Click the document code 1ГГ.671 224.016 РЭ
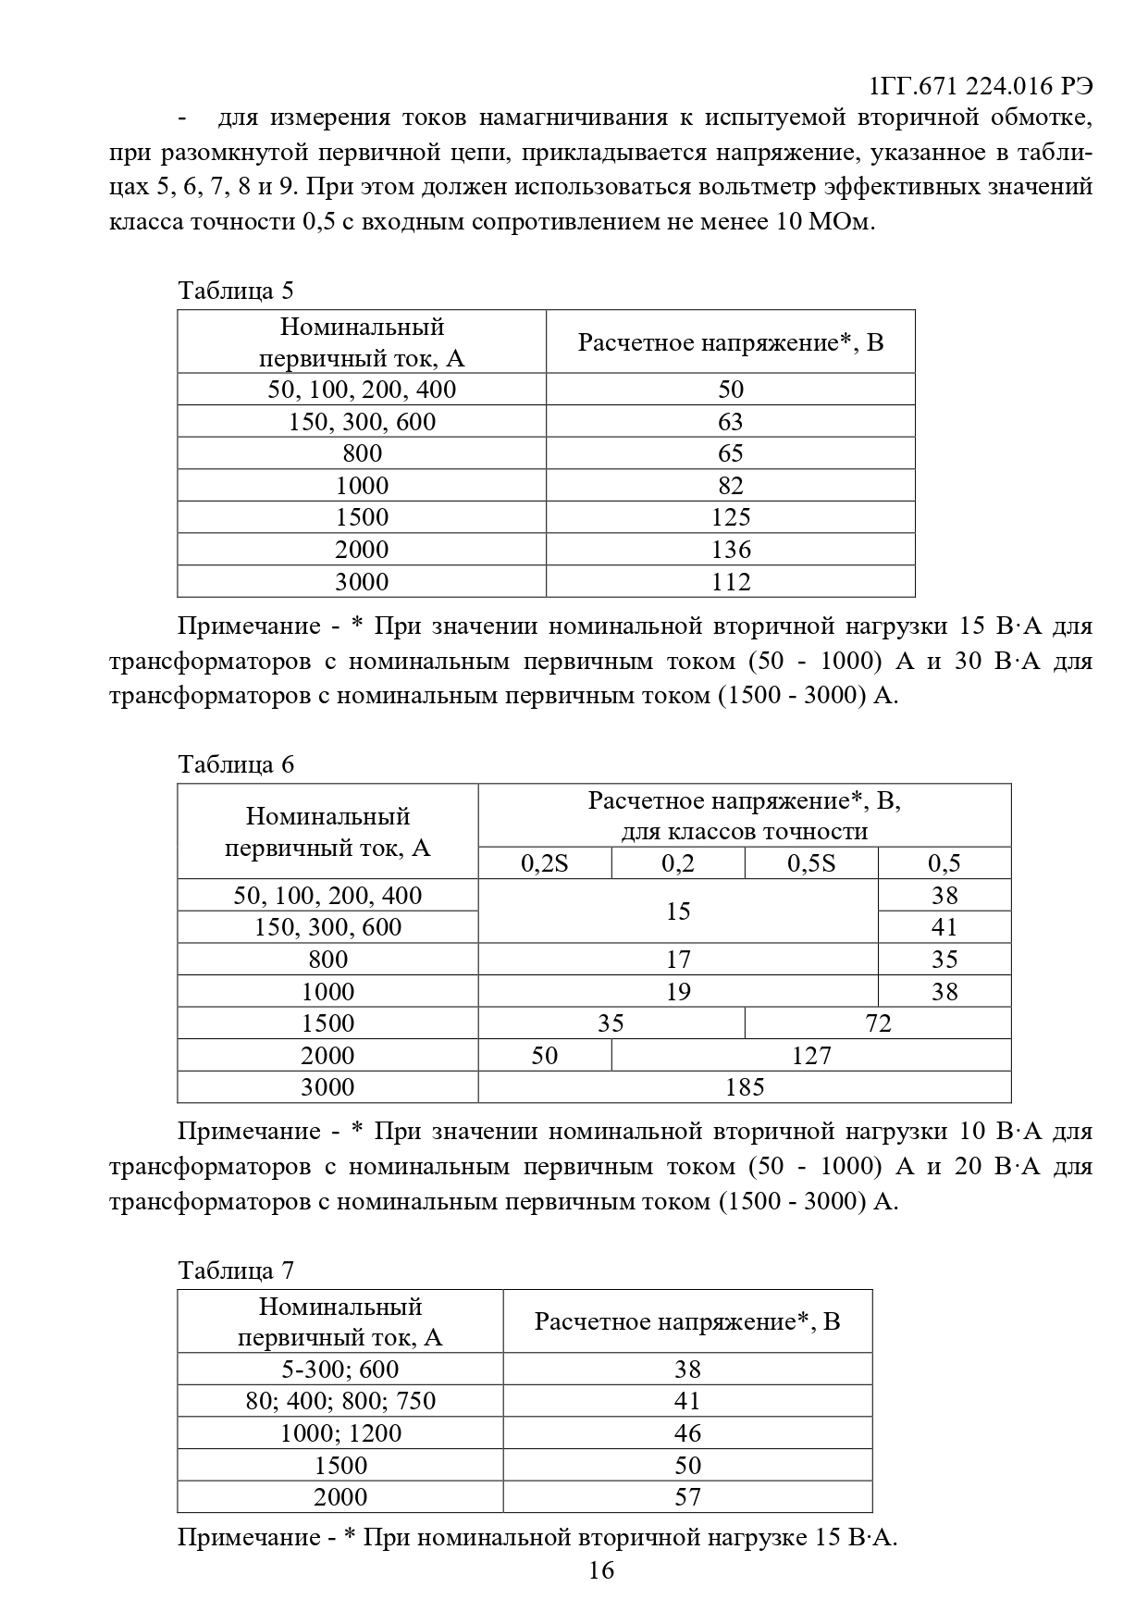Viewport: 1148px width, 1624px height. pos(981,86)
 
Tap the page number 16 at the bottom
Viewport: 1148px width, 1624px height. pos(600,1569)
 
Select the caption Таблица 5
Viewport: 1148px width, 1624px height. pos(236,291)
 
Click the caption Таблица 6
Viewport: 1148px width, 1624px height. pos(236,764)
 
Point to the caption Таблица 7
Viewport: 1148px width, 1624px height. pos(236,1271)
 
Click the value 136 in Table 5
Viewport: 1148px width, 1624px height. pos(731,550)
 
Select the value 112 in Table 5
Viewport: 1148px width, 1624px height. pos(731,582)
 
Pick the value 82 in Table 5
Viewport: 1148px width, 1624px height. pos(731,486)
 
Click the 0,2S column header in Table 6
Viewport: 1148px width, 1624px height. pos(545,863)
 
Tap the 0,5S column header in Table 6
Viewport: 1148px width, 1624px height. pos(811,863)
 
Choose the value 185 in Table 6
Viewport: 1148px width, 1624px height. pos(745,1087)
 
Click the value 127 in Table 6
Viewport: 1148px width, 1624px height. pos(811,1056)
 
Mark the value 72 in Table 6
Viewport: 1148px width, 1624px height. pos(878,1023)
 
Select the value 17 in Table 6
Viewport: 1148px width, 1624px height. pos(678,960)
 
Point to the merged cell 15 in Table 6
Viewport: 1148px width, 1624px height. pos(678,911)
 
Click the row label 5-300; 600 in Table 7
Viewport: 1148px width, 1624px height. pos(340,1370)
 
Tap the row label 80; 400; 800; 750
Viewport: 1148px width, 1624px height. pos(340,1401)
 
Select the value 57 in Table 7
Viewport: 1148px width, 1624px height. pos(687,1497)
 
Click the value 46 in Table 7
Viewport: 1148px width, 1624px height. pos(687,1433)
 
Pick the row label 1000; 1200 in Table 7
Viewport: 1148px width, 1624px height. pos(340,1433)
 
